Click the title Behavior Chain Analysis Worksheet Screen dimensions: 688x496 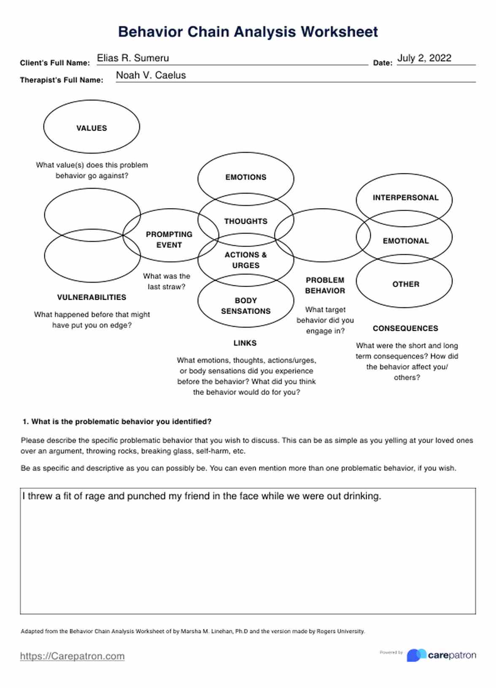248,32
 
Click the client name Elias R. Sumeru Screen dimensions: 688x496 133,58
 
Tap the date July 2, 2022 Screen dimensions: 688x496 424,58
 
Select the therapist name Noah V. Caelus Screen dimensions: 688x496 151,75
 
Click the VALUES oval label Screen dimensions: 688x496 92,128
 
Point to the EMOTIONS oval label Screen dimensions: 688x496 245,177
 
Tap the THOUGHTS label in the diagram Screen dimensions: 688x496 245,221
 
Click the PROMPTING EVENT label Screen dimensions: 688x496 169,240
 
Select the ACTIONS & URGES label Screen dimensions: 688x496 245,260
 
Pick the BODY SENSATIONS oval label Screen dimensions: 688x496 245,306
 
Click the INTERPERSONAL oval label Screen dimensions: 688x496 405,198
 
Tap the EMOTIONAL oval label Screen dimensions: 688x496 405,241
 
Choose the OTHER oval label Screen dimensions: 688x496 405,284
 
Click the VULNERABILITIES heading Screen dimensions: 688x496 92,297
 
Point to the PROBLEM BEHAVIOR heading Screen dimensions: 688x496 325,285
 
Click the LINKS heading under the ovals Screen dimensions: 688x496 245,343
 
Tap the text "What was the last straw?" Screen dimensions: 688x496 167,281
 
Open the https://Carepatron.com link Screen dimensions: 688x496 72,656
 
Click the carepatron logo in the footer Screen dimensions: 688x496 441,655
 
